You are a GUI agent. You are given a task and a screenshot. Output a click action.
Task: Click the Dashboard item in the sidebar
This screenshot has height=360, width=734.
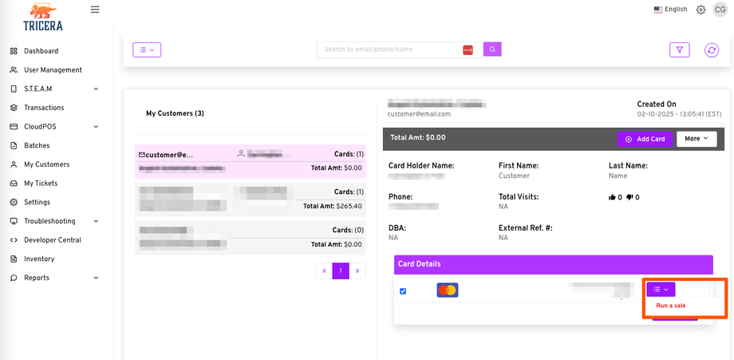[41, 51]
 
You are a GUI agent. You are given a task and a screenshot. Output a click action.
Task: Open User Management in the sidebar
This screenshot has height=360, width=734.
[53, 70]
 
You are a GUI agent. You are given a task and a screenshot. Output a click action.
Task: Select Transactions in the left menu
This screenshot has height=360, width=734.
[44, 108]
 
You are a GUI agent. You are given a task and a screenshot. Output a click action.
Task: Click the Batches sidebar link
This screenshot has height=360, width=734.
[37, 145]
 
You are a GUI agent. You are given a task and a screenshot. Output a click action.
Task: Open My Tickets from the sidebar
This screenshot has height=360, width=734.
[41, 184]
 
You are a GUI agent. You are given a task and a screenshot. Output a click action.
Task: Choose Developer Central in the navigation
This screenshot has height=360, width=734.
[52, 240]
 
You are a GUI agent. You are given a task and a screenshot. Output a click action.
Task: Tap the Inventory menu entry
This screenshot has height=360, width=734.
[39, 259]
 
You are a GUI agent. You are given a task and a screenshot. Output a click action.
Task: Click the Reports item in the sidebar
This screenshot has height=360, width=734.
[37, 278]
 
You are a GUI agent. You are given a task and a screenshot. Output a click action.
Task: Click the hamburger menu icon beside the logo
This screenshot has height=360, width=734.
[95, 10]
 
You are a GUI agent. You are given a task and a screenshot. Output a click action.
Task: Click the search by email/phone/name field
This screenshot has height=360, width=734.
[389, 49]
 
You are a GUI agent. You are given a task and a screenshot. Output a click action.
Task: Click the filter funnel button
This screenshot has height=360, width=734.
[679, 49]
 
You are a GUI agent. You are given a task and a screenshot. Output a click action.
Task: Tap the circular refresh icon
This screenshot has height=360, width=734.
[712, 50]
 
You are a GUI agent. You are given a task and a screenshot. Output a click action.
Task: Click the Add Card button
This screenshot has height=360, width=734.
[645, 139]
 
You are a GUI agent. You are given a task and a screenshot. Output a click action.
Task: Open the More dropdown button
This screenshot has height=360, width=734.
[697, 139]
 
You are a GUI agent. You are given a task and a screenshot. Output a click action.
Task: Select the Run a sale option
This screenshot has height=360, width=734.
[671, 306]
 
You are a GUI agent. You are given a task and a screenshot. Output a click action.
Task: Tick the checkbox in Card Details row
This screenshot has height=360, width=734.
[403, 291]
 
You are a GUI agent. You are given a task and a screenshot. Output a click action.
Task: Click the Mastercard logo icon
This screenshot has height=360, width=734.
[448, 290]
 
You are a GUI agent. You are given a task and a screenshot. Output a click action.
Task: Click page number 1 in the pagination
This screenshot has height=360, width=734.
[341, 271]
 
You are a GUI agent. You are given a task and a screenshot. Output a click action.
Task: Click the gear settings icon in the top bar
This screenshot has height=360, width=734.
[700, 10]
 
